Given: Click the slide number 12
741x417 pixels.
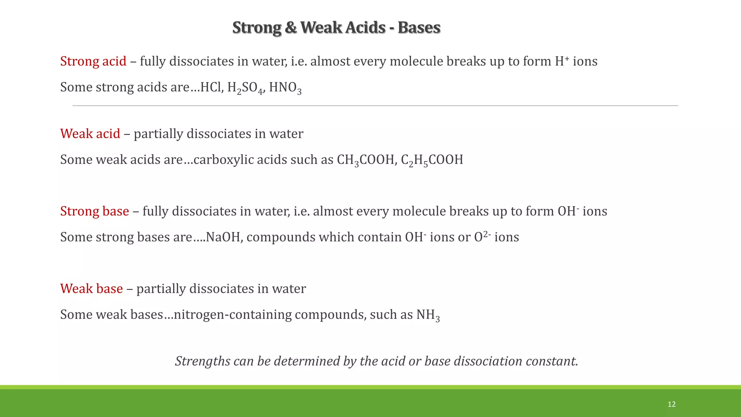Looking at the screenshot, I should pyautogui.click(x=672, y=404).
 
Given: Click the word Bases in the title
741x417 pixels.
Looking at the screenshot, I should pyautogui.click(x=419, y=28).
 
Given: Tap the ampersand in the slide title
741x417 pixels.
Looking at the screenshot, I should pyautogui.click(x=291, y=28).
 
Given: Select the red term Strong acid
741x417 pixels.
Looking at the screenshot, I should pyautogui.click(x=93, y=61).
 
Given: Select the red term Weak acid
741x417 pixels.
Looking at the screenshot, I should pyautogui.click(x=90, y=134).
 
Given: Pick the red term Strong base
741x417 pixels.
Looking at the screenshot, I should pyautogui.click(x=94, y=211).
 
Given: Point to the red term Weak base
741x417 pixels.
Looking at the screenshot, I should pyautogui.click(x=92, y=288).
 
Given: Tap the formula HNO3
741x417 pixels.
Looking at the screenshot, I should pyautogui.click(x=285, y=88).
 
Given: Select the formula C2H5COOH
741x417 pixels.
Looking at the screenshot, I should pyautogui.click(x=432, y=160).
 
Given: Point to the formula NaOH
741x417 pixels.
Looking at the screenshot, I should pyautogui.click(x=223, y=237).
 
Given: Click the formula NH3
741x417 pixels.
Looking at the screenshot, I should pyautogui.click(x=428, y=315).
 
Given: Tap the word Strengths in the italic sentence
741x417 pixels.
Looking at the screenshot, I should pyautogui.click(x=203, y=361).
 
